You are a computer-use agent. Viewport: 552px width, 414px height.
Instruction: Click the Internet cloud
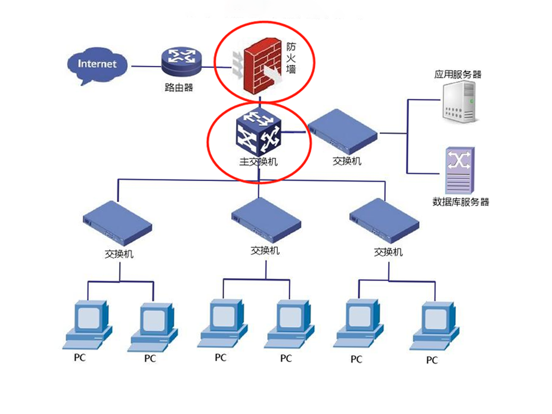click(x=97, y=66)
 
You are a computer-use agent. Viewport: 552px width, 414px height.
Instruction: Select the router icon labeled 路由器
click(x=182, y=62)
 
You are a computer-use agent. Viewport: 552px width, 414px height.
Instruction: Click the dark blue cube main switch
click(x=259, y=133)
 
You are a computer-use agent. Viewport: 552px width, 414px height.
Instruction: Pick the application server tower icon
click(x=460, y=102)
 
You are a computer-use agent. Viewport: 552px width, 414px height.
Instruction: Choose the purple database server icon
click(x=460, y=170)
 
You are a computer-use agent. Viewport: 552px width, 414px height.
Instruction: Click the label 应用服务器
click(x=458, y=74)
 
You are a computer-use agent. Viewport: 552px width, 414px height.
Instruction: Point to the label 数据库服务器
click(x=460, y=201)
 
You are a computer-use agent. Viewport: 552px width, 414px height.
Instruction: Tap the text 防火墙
click(x=291, y=58)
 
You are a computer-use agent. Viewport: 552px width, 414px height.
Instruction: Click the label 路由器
click(x=179, y=87)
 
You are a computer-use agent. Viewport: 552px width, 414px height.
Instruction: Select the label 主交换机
click(x=258, y=161)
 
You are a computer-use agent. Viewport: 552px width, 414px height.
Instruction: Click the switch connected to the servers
click(x=343, y=132)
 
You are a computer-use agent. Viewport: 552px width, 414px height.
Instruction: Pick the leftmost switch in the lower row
click(x=117, y=223)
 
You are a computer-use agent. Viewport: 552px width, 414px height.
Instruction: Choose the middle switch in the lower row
click(x=266, y=220)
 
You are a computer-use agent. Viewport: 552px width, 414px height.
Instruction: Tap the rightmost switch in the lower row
click(x=384, y=221)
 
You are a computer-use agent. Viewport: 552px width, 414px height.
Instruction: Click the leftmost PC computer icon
click(x=88, y=325)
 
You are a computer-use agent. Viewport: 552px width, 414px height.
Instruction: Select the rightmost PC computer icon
click(x=435, y=326)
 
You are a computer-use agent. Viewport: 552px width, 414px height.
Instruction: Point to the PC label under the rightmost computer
click(x=432, y=360)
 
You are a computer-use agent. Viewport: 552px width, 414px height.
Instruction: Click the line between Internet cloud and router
click(x=147, y=66)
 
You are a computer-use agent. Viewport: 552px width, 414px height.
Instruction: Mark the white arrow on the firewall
click(x=272, y=74)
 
